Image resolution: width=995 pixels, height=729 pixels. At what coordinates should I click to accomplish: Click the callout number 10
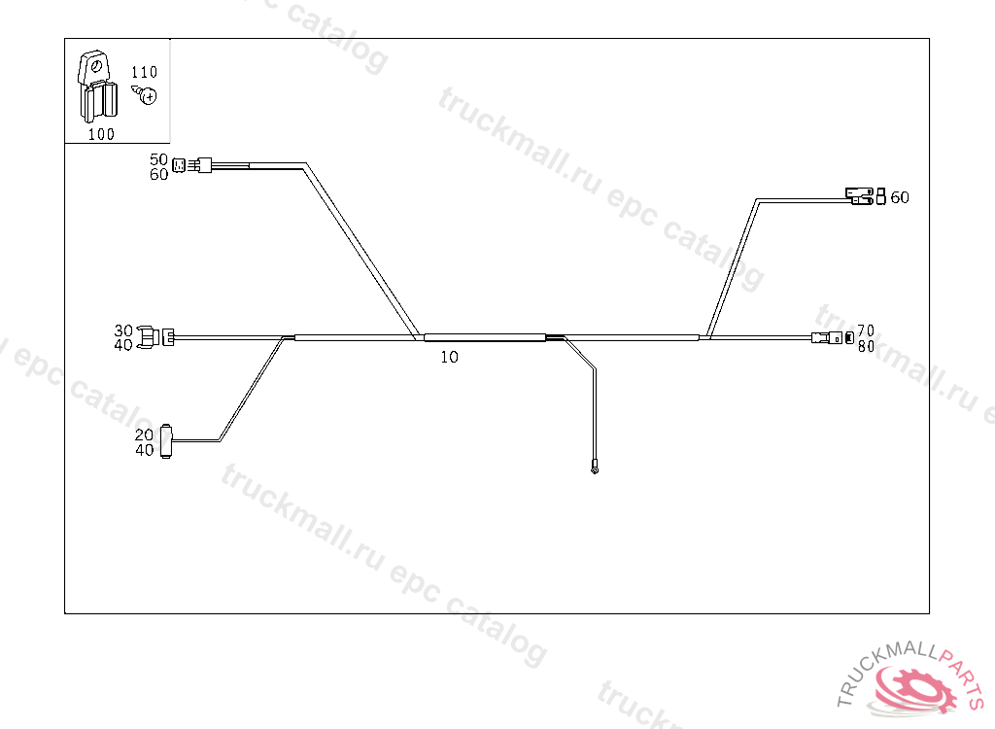tap(449, 357)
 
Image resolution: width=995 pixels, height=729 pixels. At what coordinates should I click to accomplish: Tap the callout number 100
tap(101, 134)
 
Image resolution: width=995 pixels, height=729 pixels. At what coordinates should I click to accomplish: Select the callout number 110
tap(144, 73)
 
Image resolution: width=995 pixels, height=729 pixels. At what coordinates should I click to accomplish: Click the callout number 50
tap(158, 159)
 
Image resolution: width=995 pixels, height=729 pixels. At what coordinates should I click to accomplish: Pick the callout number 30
tap(123, 330)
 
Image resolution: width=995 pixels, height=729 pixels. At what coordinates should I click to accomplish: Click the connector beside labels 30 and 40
tap(157, 337)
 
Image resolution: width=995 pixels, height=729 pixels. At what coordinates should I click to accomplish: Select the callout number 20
tap(144, 434)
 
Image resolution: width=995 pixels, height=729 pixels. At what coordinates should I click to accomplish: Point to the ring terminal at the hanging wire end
tap(595, 471)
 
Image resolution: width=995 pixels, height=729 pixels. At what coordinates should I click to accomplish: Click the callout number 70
tap(866, 330)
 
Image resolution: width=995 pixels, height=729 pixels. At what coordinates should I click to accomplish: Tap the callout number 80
tap(866, 345)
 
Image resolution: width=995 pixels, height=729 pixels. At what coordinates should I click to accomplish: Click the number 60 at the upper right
tap(900, 197)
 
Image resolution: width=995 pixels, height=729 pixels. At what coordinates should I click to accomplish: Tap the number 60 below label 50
tap(158, 175)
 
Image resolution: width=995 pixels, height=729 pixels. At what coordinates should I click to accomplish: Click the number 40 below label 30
tap(123, 345)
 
